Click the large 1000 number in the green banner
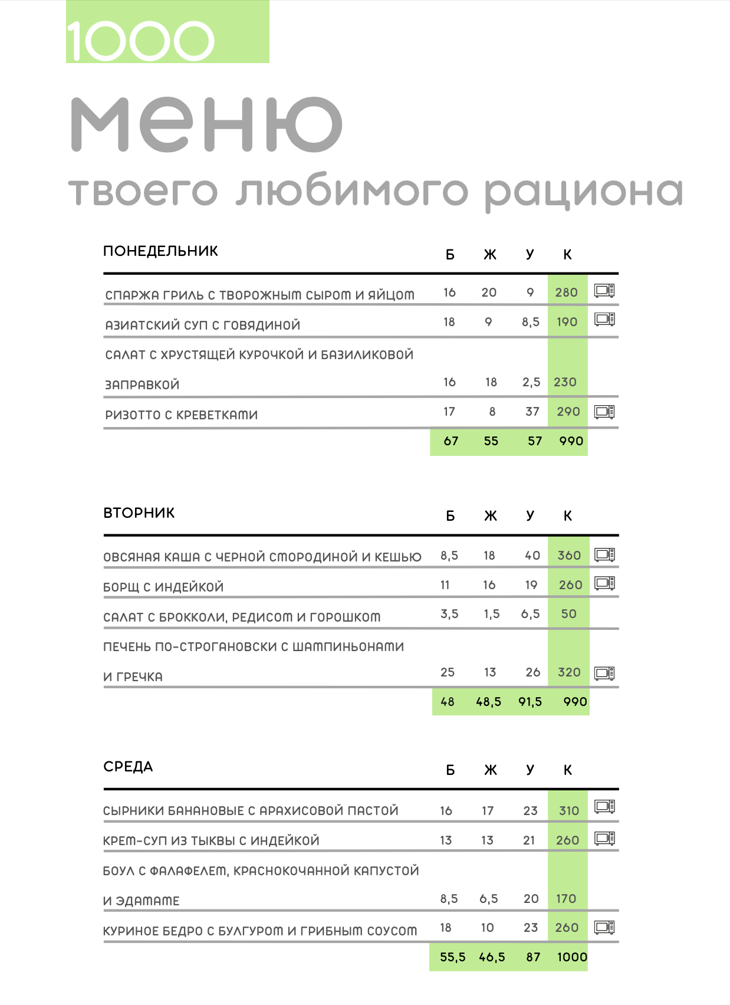(140, 41)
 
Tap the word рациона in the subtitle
(584, 192)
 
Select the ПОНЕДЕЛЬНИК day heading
(160, 251)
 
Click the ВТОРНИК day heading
(139, 513)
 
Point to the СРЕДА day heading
(128, 767)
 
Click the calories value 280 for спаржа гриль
(566, 293)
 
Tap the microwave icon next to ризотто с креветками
(604, 412)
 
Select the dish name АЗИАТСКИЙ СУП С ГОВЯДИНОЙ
(203, 325)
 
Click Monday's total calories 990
(571, 441)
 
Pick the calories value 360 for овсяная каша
(569, 556)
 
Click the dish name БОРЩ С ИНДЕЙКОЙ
(163, 587)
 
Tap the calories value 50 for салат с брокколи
(568, 614)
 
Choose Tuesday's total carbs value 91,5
(530, 702)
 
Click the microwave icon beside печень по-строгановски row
(604, 673)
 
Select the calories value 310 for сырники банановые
(568, 811)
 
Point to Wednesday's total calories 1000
(572, 957)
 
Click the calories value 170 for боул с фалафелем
(566, 899)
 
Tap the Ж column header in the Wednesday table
(490, 770)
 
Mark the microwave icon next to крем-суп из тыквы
(604, 838)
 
